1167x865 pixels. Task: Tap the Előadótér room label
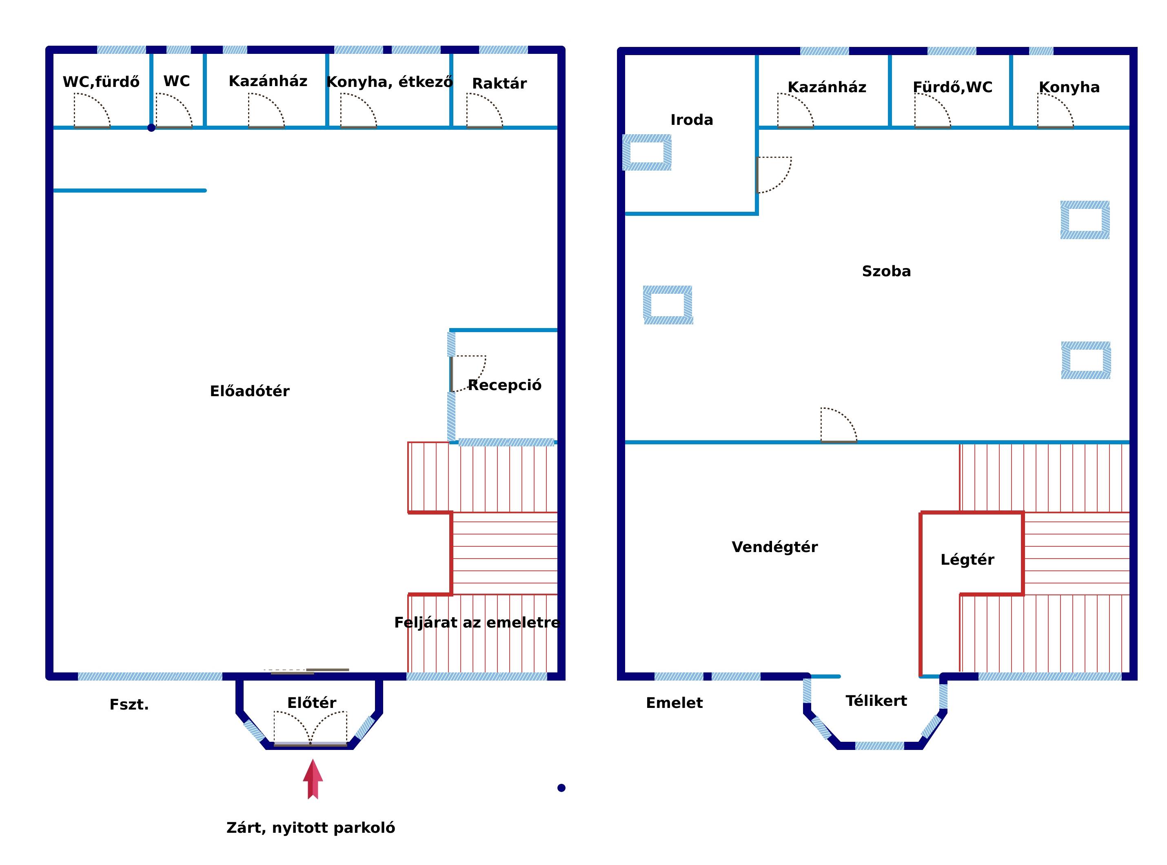pyautogui.click(x=250, y=391)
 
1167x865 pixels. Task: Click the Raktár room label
pyautogui.click(x=499, y=83)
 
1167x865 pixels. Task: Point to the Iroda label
pyautogui.click(x=692, y=120)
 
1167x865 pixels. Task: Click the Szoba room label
pyautogui.click(x=886, y=271)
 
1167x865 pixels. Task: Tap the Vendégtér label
pyautogui.click(x=774, y=547)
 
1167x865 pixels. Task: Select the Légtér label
pyautogui.click(x=967, y=560)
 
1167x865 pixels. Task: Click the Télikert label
pyautogui.click(x=876, y=701)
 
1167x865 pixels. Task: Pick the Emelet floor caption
pyautogui.click(x=674, y=703)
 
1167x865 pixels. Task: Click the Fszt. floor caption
pyautogui.click(x=129, y=705)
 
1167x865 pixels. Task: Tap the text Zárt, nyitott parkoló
pyautogui.click(x=311, y=828)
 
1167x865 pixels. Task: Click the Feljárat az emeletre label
pyautogui.click(x=477, y=623)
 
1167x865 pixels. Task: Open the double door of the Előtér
pyautogui.click(x=311, y=728)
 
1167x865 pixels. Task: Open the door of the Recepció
pyautogui.click(x=468, y=374)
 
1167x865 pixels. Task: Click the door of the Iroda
pyautogui.click(x=774, y=175)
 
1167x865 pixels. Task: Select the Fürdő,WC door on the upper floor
pyautogui.click(x=932, y=111)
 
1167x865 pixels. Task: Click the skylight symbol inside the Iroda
pyautogui.click(x=647, y=152)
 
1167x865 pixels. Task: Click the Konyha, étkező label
pyautogui.click(x=389, y=82)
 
